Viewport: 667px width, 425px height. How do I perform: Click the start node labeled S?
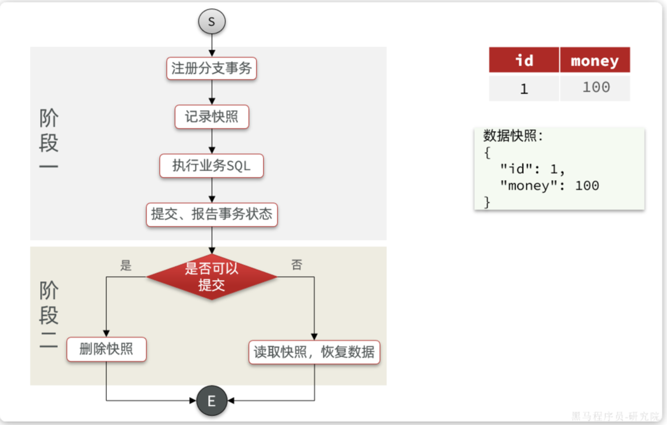click(x=211, y=22)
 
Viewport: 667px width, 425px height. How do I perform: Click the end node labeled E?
click(x=211, y=401)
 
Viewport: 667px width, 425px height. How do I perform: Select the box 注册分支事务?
click(x=211, y=69)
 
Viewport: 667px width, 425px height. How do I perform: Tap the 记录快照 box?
click(x=211, y=118)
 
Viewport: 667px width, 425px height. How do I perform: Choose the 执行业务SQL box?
click(x=211, y=166)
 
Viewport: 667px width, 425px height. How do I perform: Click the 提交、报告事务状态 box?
click(x=211, y=214)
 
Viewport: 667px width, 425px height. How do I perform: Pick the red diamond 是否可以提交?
click(x=211, y=277)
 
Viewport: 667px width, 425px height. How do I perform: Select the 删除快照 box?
click(x=106, y=349)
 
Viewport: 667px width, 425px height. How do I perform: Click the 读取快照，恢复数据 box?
click(x=314, y=351)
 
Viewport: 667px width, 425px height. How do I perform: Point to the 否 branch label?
click(x=297, y=265)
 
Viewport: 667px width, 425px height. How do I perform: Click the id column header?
click(x=524, y=60)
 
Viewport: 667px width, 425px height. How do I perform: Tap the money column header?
click(x=594, y=60)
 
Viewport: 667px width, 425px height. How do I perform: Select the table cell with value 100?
click(x=595, y=87)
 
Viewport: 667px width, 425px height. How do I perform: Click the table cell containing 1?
click(x=524, y=88)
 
